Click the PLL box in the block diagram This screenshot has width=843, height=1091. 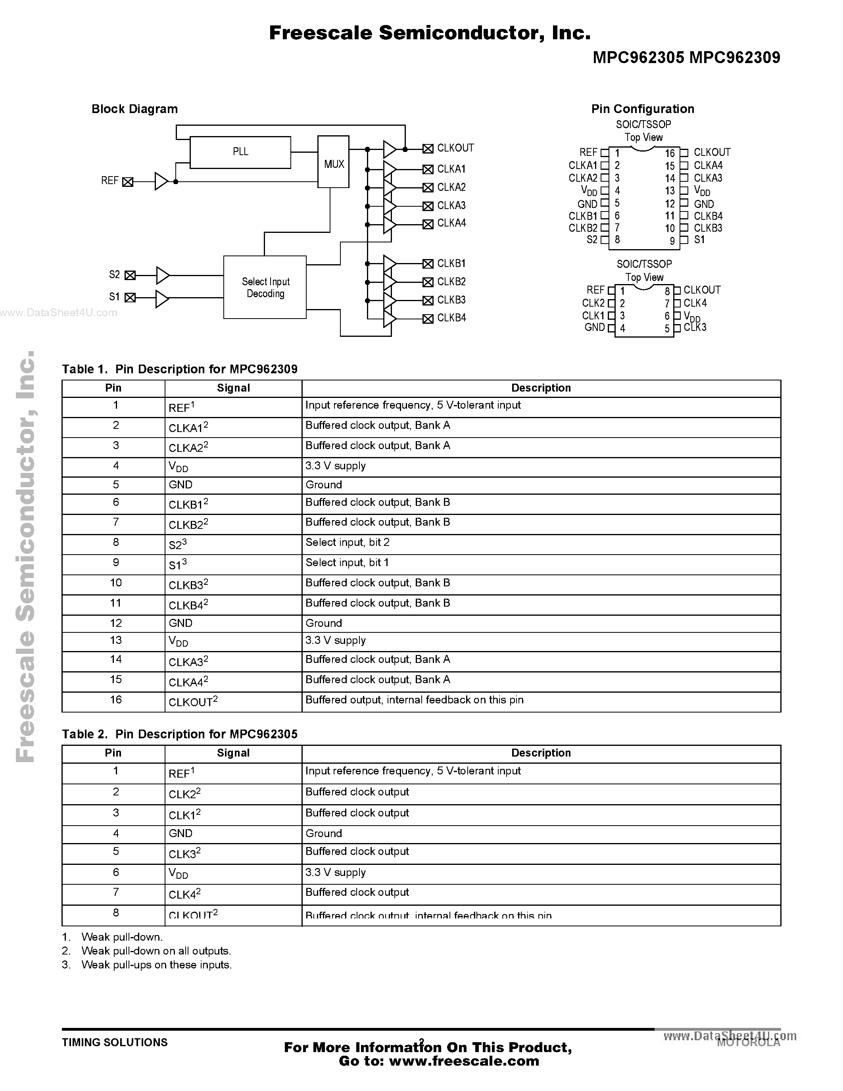tap(240, 152)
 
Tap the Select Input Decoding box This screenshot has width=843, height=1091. tap(265, 287)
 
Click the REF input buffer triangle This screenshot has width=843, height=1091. tap(161, 181)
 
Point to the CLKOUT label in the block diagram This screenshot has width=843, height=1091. tap(455, 148)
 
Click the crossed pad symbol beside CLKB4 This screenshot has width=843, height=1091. tap(428, 319)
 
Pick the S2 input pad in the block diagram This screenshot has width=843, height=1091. tap(130, 275)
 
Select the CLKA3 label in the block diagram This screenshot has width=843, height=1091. tap(451, 206)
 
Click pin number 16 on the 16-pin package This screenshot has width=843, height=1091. tap(669, 154)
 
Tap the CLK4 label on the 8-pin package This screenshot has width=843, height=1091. tap(695, 303)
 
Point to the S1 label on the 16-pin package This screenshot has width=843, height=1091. tap(699, 240)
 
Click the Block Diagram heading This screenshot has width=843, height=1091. tap(134, 109)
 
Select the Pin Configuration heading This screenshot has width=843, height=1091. tap(642, 109)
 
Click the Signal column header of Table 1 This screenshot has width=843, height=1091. tap(233, 388)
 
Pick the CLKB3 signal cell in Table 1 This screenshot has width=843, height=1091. tap(188, 584)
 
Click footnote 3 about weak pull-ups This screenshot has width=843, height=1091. tap(156, 964)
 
